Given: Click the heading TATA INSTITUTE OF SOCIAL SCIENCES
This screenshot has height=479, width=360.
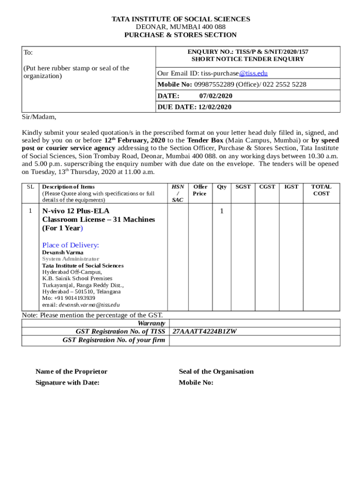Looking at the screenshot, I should point(180,19).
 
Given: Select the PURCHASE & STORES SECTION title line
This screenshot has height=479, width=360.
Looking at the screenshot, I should point(180,35).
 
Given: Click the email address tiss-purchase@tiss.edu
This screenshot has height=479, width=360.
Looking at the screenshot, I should point(234,73).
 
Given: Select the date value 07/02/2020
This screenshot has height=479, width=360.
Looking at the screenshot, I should point(216,96).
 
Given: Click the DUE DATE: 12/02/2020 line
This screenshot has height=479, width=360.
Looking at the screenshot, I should point(194,107).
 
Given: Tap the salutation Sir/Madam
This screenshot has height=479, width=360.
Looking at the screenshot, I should point(39,117).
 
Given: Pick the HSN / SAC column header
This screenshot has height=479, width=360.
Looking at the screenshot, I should point(177,193).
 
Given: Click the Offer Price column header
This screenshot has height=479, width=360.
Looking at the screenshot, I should point(200,190).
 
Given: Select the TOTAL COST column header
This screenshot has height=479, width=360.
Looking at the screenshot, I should point(321,190).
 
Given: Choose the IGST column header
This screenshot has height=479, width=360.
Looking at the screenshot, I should point(291,187).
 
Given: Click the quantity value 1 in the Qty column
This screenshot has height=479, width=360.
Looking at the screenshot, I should point(222,211).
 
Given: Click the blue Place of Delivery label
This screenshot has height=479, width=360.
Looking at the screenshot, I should point(71,245).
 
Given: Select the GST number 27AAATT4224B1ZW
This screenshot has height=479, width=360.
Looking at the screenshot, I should point(204,332).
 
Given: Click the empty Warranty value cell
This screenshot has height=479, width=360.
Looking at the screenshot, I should point(254,323).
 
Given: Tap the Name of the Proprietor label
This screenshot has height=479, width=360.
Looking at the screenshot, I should point(71,371).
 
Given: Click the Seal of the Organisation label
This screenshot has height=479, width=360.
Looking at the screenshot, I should point(216,371).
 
